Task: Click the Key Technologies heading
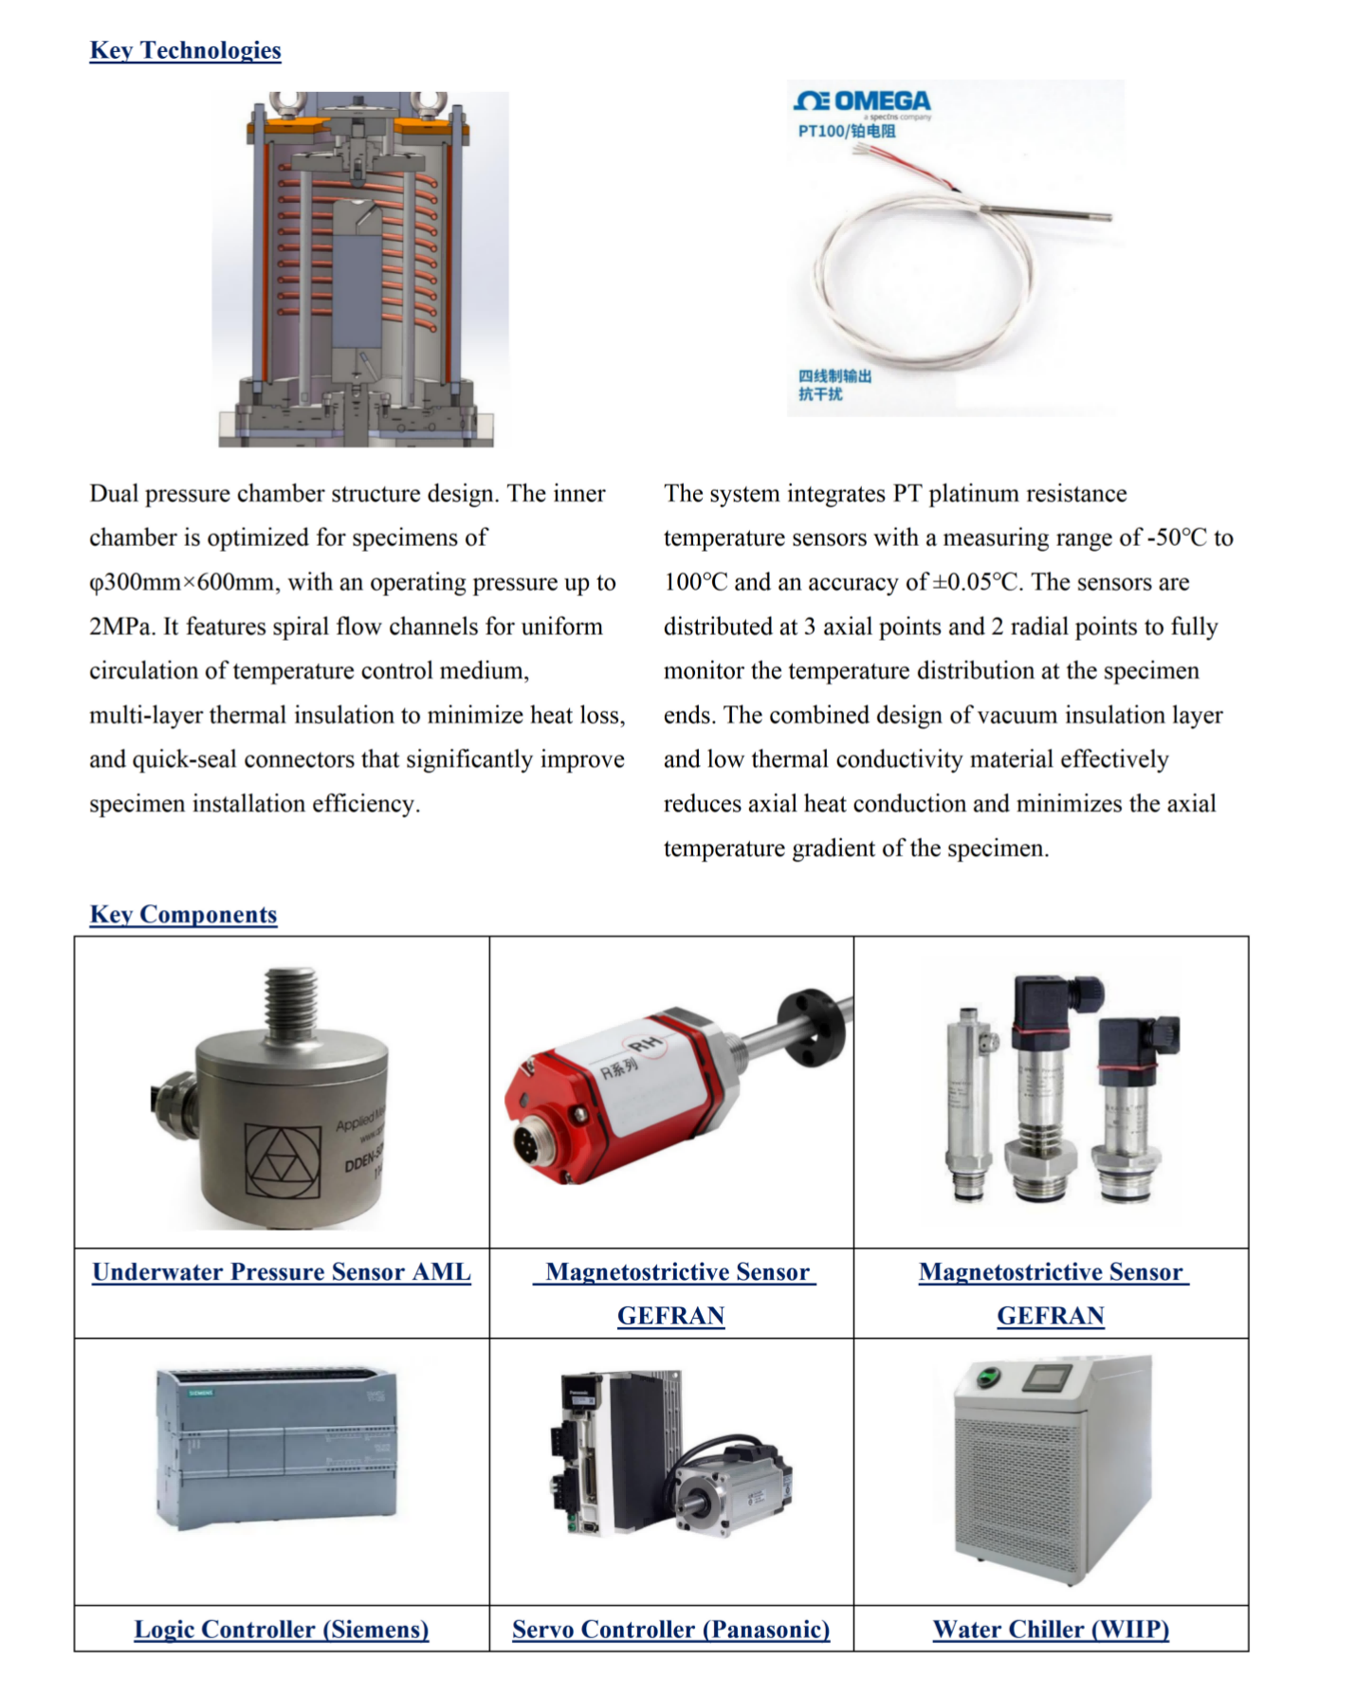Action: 185,50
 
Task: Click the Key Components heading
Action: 183,914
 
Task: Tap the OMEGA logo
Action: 863,101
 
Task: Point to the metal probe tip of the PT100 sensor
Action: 1105,217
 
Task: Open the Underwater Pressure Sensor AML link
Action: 282,1272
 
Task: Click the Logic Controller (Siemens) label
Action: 282,1629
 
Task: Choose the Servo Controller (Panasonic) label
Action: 670,1629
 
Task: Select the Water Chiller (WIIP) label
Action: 1051,1629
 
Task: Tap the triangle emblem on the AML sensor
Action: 283,1161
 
